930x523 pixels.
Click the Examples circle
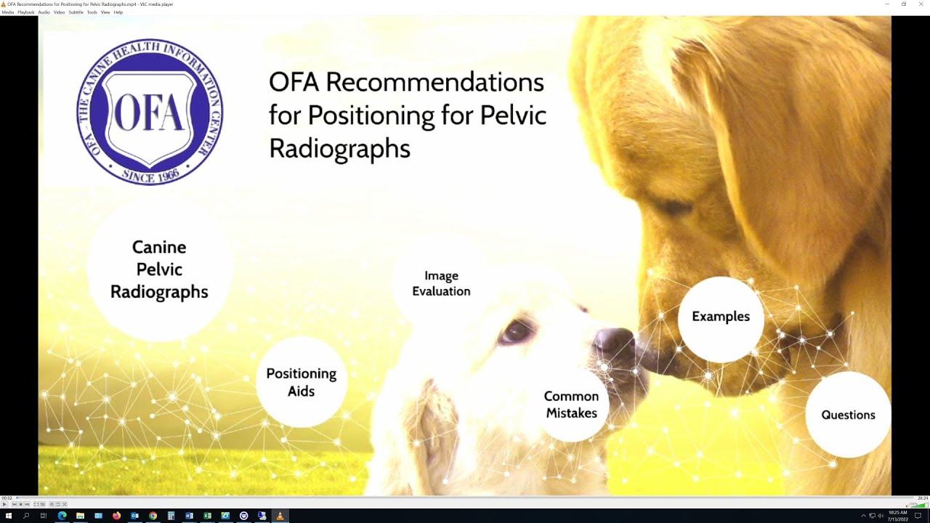[x=721, y=317]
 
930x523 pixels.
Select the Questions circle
[x=848, y=415]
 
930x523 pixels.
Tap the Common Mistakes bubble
[x=571, y=405]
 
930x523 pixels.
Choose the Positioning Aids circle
[x=301, y=382]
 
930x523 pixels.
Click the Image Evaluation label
[x=441, y=283]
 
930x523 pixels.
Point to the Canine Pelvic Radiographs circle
[x=159, y=269]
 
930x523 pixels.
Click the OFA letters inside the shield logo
[x=149, y=113]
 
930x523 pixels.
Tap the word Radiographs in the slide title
[x=339, y=148]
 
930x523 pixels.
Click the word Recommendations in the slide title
[x=434, y=82]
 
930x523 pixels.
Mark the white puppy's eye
[x=517, y=332]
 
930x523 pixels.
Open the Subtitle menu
[x=76, y=12]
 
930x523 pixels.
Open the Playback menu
[x=26, y=12]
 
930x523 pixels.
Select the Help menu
[x=118, y=12]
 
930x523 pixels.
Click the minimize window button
[x=887, y=4]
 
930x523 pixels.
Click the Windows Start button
[x=9, y=516]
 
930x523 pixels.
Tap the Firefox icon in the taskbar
[x=116, y=516]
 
